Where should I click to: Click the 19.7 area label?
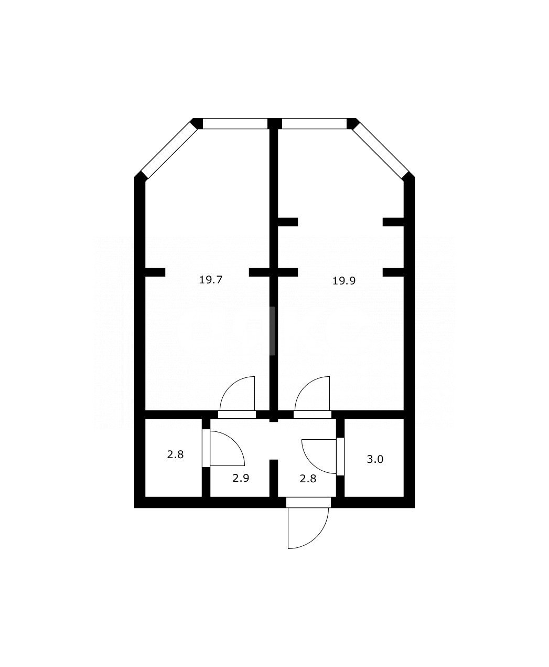(211, 280)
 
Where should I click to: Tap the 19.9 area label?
(344, 281)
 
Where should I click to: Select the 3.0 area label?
(375, 459)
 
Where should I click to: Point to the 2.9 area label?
(240, 478)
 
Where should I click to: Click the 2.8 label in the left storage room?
(175, 454)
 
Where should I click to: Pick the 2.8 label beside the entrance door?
(307, 478)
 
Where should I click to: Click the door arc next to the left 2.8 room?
(227, 449)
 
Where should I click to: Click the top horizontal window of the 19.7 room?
(235, 124)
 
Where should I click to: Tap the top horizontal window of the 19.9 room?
(315, 124)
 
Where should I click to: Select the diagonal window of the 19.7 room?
(169, 151)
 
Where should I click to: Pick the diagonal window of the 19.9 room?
(380, 151)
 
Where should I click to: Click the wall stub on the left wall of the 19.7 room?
(155, 272)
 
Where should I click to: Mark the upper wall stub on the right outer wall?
(393, 222)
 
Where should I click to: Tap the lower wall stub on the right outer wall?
(393, 272)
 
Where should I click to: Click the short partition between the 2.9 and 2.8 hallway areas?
(273, 478)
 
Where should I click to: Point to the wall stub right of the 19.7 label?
(259, 272)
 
